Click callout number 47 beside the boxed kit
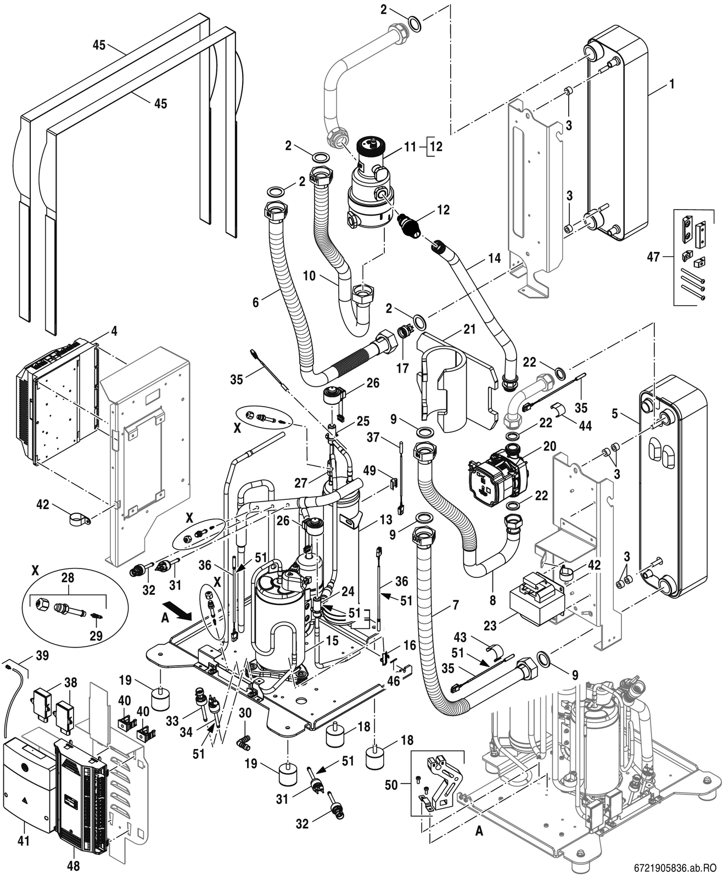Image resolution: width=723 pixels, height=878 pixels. point(653,257)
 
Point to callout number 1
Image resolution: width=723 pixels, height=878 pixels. point(671,84)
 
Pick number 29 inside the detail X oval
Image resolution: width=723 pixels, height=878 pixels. point(97,635)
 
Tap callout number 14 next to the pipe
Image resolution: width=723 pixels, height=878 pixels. point(494,258)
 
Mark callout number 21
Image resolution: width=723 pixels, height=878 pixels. point(469,329)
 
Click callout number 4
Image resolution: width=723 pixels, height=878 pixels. point(114,331)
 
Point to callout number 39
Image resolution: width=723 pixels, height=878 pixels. point(42,655)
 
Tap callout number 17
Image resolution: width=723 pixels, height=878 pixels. point(402,368)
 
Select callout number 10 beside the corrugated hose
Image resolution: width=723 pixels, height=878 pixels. point(310,275)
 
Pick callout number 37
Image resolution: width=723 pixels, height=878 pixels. point(373,437)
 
